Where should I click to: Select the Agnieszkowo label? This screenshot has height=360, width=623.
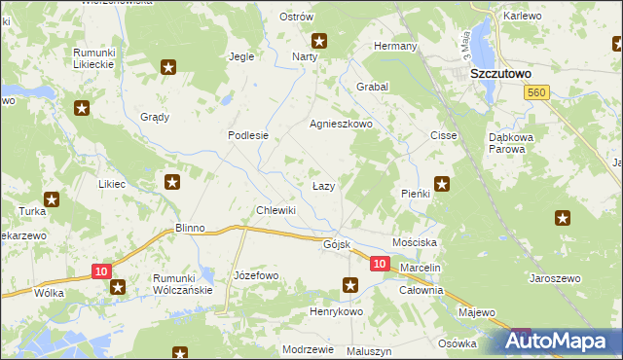click(341, 125)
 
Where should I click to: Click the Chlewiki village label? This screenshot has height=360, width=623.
click(275, 210)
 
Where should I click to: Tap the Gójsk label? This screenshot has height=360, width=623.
click(336, 244)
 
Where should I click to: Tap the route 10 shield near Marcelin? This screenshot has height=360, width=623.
click(380, 264)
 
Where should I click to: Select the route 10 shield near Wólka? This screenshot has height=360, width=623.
click(103, 271)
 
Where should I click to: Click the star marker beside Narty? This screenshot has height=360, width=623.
click(318, 41)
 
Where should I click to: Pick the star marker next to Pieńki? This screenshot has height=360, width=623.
click(442, 182)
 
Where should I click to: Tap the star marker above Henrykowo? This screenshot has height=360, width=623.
click(350, 285)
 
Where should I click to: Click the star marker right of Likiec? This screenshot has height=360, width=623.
click(172, 182)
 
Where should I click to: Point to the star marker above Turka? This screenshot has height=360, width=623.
click(51, 199)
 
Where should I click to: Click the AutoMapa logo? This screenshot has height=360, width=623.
click(559, 342)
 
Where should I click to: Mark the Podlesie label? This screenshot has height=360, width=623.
click(247, 136)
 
